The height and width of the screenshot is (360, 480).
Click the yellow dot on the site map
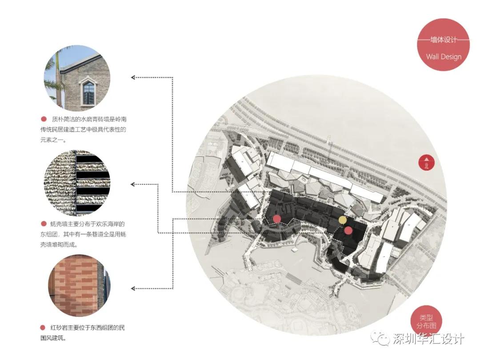click(x=342, y=220)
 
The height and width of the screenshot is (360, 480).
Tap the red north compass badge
click(x=426, y=163)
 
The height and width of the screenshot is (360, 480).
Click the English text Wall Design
click(x=444, y=56)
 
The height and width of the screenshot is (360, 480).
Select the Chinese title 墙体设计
click(x=444, y=40)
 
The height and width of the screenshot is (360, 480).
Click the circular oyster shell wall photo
click(x=77, y=183)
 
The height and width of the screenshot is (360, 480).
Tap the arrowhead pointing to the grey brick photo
click(x=133, y=77)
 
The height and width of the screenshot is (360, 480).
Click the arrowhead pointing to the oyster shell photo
click(x=133, y=184)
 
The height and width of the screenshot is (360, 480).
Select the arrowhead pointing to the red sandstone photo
click(x=133, y=288)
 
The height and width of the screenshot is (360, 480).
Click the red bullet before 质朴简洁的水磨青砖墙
click(x=44, y=119)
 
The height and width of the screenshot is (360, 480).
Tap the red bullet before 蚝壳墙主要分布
click(x=44, y=224)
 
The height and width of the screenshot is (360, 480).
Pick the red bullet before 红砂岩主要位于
click(x=43, y=328)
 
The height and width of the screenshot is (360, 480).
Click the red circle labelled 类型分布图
click(x=426, y=321)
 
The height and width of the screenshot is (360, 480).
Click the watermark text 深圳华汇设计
click(x=428, y=339)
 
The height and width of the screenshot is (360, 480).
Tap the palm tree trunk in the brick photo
click(x=59, y=80)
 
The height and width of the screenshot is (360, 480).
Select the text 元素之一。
click(x=53, y=140)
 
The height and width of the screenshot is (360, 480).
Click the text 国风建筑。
click(x=53, y=338)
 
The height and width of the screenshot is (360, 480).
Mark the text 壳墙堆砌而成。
click(x=59, y=244)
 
